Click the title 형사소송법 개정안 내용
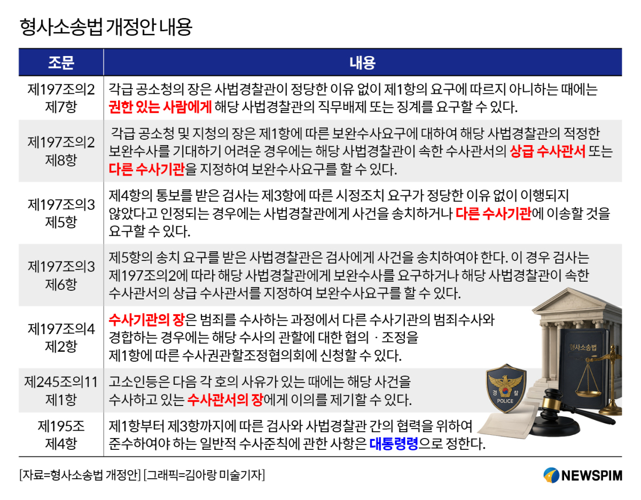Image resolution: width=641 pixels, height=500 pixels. pos(106,27)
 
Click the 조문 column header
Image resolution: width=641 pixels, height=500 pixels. pos(61,62)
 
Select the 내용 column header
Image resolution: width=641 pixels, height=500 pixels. pos(363,62)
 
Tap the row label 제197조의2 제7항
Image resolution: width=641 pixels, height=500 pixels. pos(61,98)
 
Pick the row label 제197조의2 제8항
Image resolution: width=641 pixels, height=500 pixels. pos(61,151)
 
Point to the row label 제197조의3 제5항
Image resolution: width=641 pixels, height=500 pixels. pos(61,213)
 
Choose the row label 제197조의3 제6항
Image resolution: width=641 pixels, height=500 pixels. pos(61,275)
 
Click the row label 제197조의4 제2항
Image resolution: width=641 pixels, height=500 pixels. pos(61,338)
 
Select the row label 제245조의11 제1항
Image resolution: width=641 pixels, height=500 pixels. pos(61,391)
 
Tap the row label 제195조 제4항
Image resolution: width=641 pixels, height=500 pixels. pos(61,435)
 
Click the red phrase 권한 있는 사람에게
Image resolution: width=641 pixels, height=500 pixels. pos(160,107)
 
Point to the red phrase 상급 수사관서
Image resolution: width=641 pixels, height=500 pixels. pos(548,152)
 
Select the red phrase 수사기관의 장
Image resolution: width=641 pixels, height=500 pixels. pos(146,320)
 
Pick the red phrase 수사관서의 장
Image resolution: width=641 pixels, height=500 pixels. pos(225,400)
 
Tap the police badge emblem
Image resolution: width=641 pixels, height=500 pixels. pos(506,388)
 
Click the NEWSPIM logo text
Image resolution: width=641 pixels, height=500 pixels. pos(591,475)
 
